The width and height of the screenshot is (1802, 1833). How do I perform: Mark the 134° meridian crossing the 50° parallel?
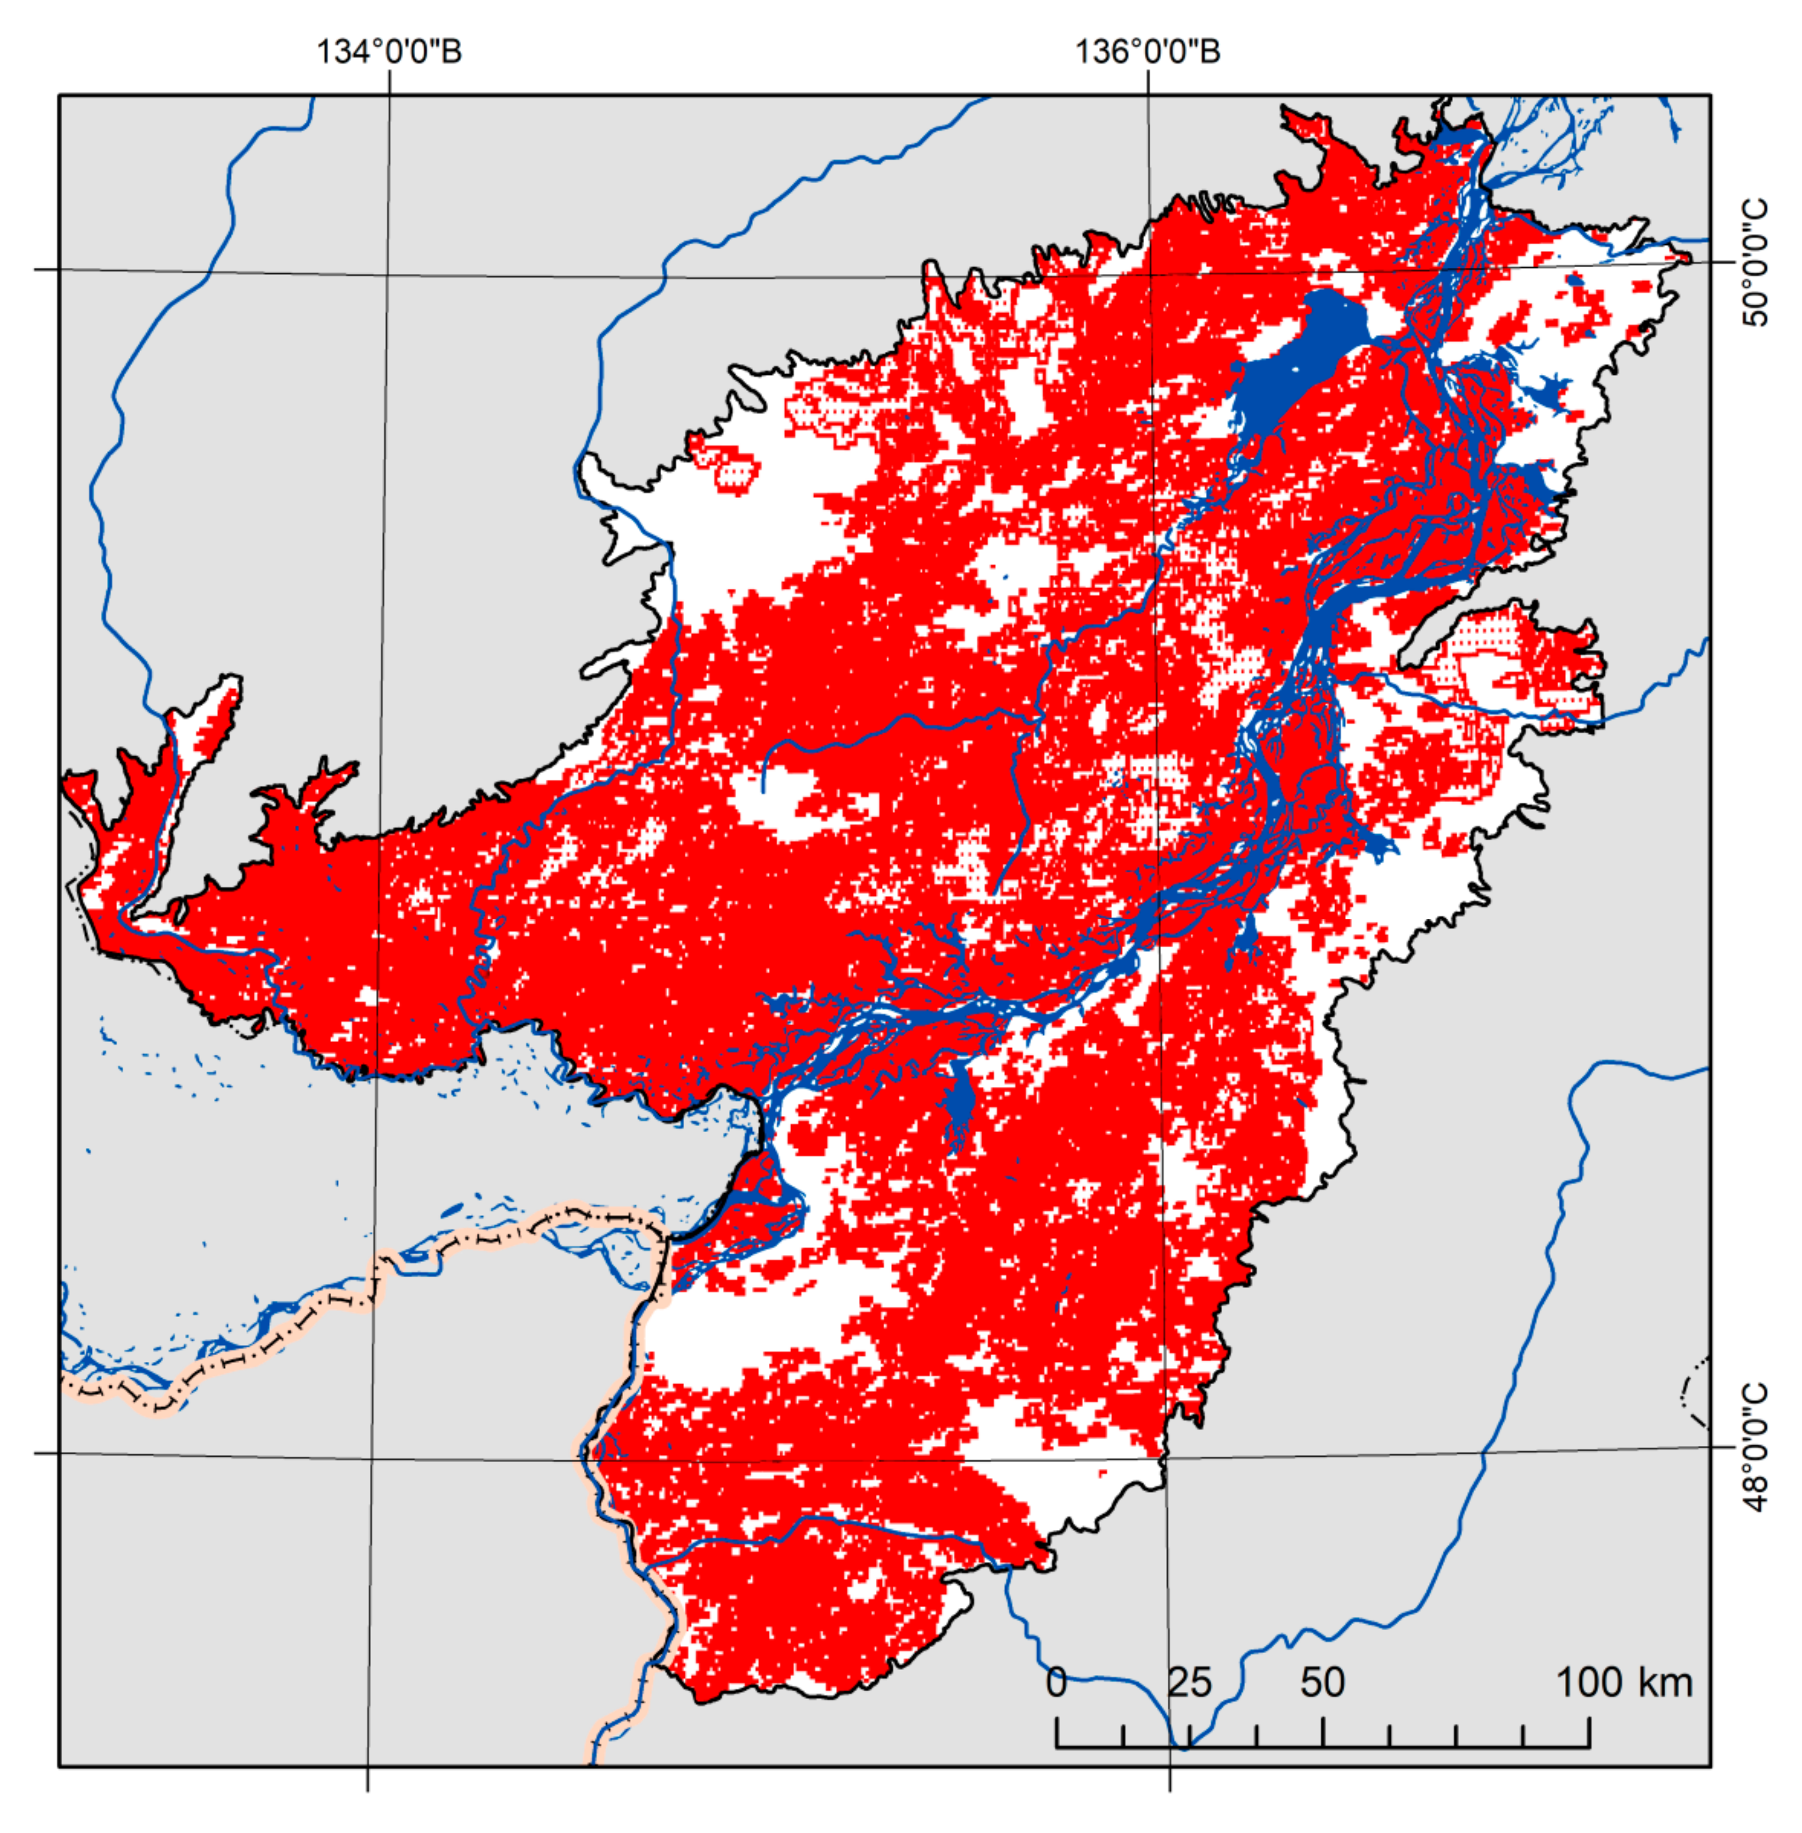pos(386,276)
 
